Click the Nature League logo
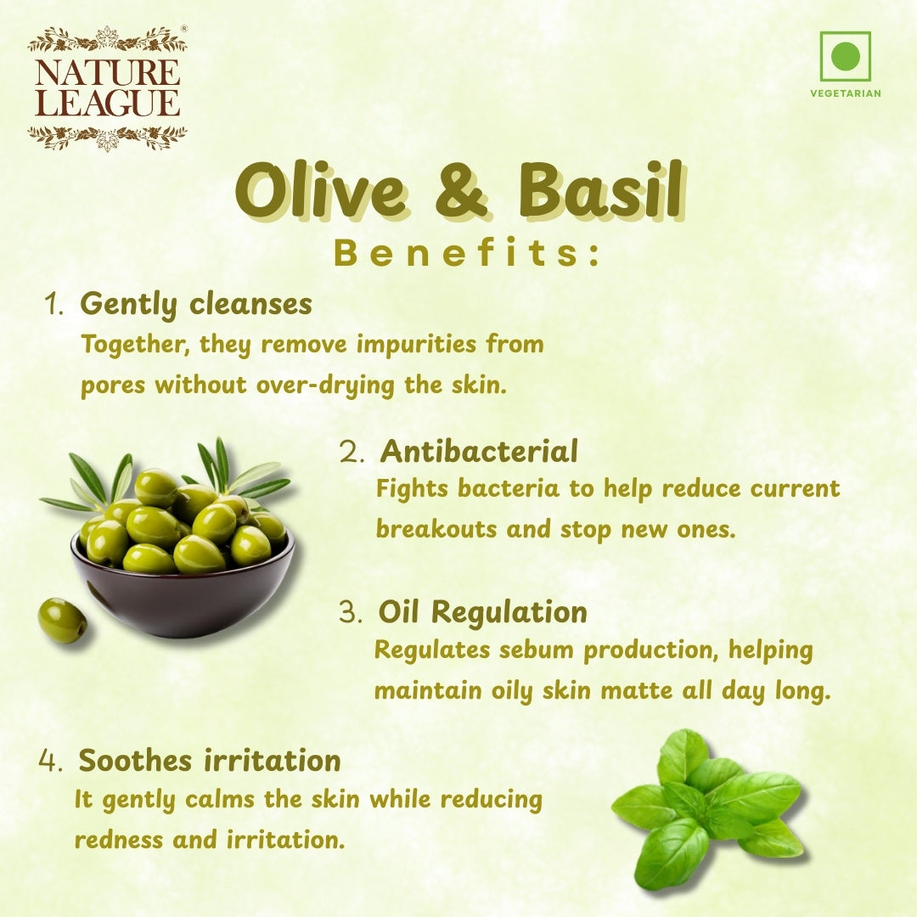click(107, 88)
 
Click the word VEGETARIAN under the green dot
click(845, 93)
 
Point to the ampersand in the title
click(461, 191)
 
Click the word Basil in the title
click(599, 191)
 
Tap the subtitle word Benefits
click(466, 254)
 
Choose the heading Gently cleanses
click(195, 304)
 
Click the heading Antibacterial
click(478, 451)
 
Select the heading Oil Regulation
click(482, 612)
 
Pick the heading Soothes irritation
click(209, 760)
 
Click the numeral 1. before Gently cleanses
click(54, 305)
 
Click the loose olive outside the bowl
click(62, 620)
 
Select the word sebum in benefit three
click(535, 651)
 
